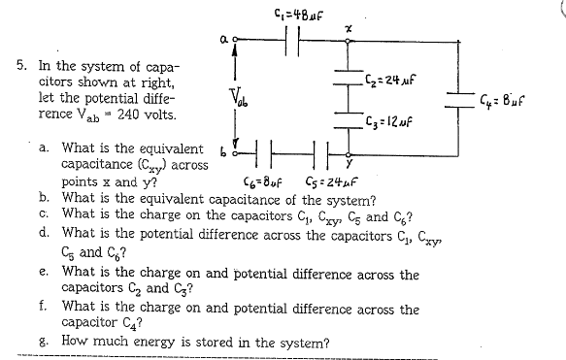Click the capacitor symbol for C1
(x=293, y=40)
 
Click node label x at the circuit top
(x=347, y=30)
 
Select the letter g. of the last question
(x=45, y=342)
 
